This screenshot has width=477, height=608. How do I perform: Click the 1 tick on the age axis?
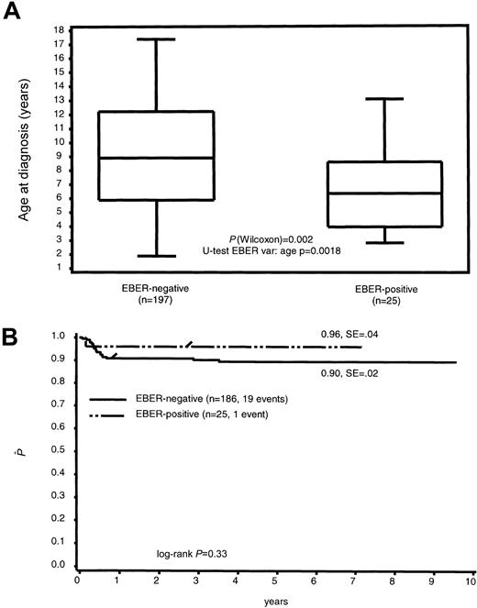point(58,267)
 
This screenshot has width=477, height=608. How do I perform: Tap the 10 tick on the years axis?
point(471,581)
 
